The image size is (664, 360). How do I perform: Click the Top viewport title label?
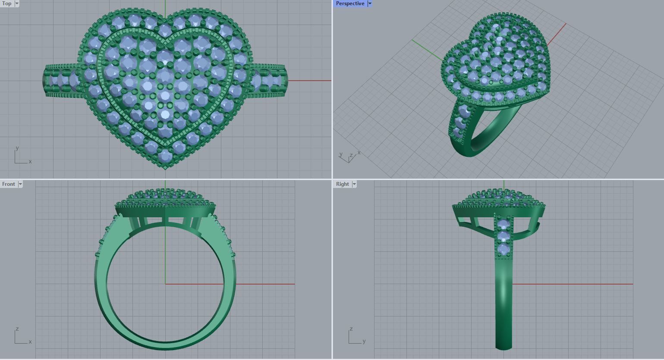[7, 3]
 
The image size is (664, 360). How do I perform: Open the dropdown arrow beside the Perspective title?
[370, 3]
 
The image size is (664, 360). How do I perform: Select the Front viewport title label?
[8, 184]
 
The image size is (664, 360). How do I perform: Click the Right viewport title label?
[342, 184]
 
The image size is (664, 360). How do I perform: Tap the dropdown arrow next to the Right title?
[354, 184]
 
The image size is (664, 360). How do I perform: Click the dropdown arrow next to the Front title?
[20, 184]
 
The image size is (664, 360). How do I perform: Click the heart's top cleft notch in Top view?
[165, 20]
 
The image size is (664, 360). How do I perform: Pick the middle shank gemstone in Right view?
[504, 237]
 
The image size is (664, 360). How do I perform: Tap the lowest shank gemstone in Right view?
[504, 250]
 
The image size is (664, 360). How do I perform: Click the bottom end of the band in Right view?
[504, 347]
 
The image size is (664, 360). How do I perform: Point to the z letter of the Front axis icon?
[17, 329]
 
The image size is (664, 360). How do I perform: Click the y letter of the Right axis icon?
[364, 341]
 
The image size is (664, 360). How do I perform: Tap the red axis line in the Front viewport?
[259, 284]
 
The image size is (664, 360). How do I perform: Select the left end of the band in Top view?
[44, 81]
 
